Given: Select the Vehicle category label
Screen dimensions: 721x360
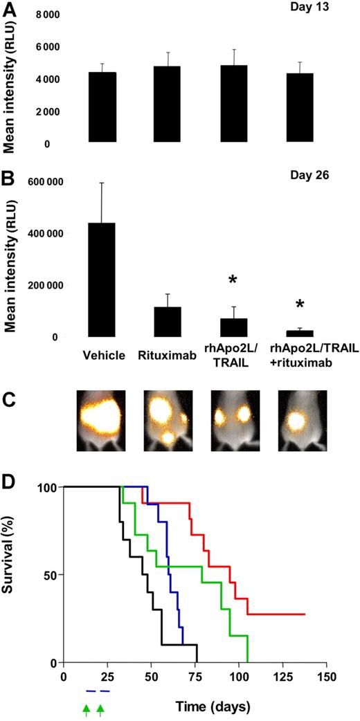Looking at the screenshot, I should click(102, 356).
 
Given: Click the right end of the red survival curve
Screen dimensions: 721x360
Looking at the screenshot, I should click(304, 614).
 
